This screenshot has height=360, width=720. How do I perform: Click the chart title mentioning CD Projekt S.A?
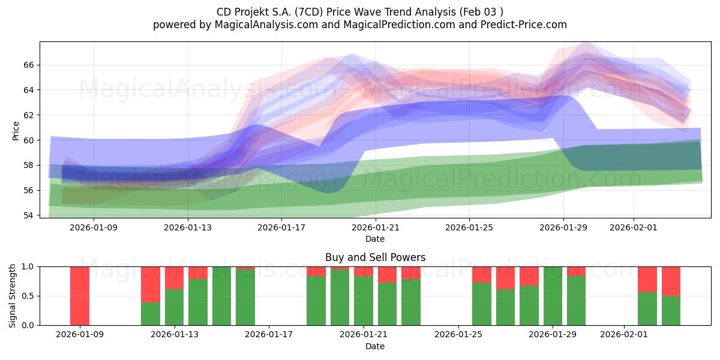tap(359, 12)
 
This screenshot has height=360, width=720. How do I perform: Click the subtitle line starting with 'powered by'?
tap(359, 25)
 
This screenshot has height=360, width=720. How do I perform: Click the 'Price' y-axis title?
tap(16, 131)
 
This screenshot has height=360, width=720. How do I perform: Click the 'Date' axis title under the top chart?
tap(375, 239)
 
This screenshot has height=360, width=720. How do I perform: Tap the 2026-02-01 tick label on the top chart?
tap(634, 227)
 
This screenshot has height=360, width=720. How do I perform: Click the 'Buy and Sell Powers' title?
tap(375, 257)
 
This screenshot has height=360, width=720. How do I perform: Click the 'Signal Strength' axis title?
tap(13, 296)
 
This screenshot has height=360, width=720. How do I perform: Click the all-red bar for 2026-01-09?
tap(80, 296)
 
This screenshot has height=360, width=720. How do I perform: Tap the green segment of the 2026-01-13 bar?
tap(174, 307)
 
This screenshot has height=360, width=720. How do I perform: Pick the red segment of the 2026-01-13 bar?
tap(174, 278)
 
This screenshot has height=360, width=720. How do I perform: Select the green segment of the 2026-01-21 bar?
tap(363, 301)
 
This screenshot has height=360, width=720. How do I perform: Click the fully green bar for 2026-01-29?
tap(553, 296)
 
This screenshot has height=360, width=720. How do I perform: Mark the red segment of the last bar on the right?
tap(671, 281)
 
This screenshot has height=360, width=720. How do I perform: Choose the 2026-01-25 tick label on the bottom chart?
tap(458, 335)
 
